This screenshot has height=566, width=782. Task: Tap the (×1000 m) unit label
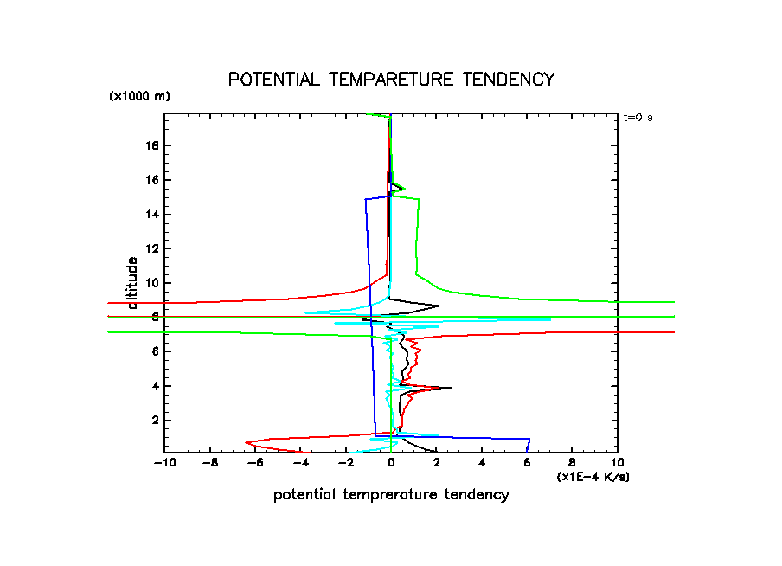[139, 97]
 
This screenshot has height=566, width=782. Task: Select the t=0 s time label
[638, 118]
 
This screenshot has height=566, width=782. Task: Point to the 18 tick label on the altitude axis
[151, 145]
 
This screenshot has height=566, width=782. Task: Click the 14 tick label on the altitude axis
[151, 214]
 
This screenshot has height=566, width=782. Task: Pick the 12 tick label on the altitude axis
[151, 248]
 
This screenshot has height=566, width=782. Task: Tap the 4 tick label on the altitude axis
[154, 386]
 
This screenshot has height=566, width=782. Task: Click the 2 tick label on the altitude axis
[154, 421]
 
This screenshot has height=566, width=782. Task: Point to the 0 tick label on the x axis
[391, 464]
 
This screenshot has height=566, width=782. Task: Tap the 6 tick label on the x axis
[527, 464]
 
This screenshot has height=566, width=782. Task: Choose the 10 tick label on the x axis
[617, 464]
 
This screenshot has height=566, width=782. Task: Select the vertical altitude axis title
[133, 282]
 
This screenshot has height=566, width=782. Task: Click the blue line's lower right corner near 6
[529, 439]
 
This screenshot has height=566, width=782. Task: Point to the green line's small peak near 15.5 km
[404, 188]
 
